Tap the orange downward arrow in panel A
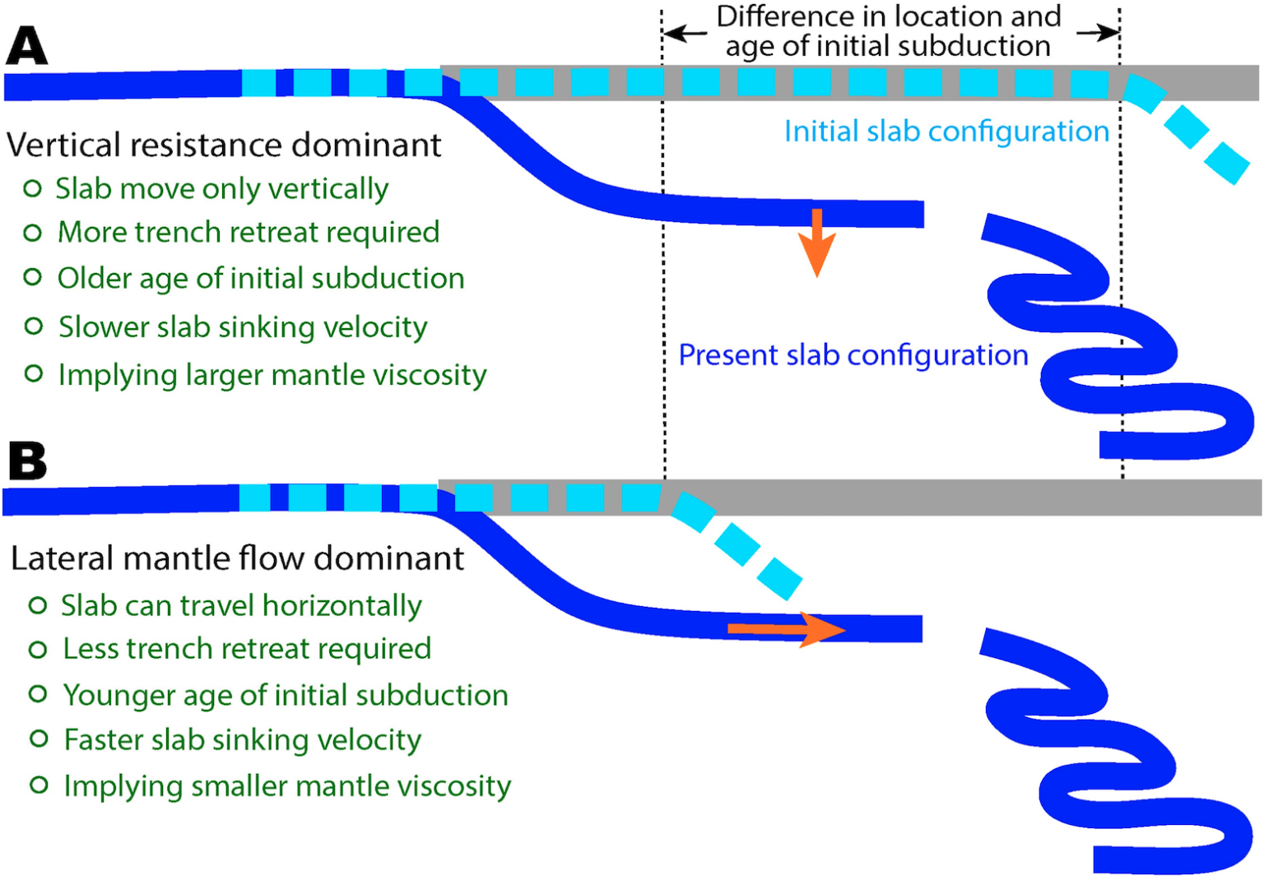click(816, 242)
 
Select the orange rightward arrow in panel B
click(786, 630)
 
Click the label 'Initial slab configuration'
click(946, 132)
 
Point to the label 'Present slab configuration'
click(853, 355)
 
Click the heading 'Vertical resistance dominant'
click(224, 146)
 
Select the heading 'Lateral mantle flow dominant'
click(237, 559)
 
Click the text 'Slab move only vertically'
click(221, 189)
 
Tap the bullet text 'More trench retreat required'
click(248, 233)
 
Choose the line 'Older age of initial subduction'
click(261, 279)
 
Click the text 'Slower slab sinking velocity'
click(243, 327)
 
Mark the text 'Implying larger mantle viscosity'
click(272, 375)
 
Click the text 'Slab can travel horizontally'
click(241, 606)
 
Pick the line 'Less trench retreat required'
click(247, 649)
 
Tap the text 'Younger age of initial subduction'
click(286, 696)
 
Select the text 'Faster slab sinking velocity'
click(243, 740)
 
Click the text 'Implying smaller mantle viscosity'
click(287, 786)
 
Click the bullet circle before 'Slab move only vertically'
click(32, 189)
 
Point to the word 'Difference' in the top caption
click(785, 16)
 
